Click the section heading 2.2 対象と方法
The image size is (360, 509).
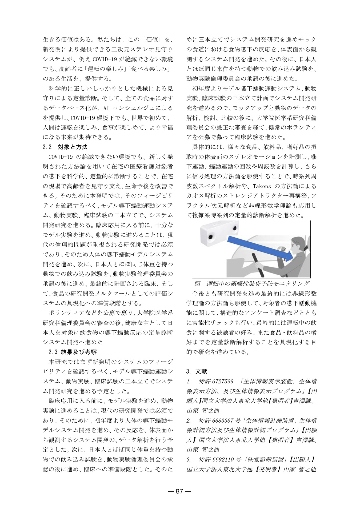65,147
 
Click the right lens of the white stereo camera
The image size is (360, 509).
235,229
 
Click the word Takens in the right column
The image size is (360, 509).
262,186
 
